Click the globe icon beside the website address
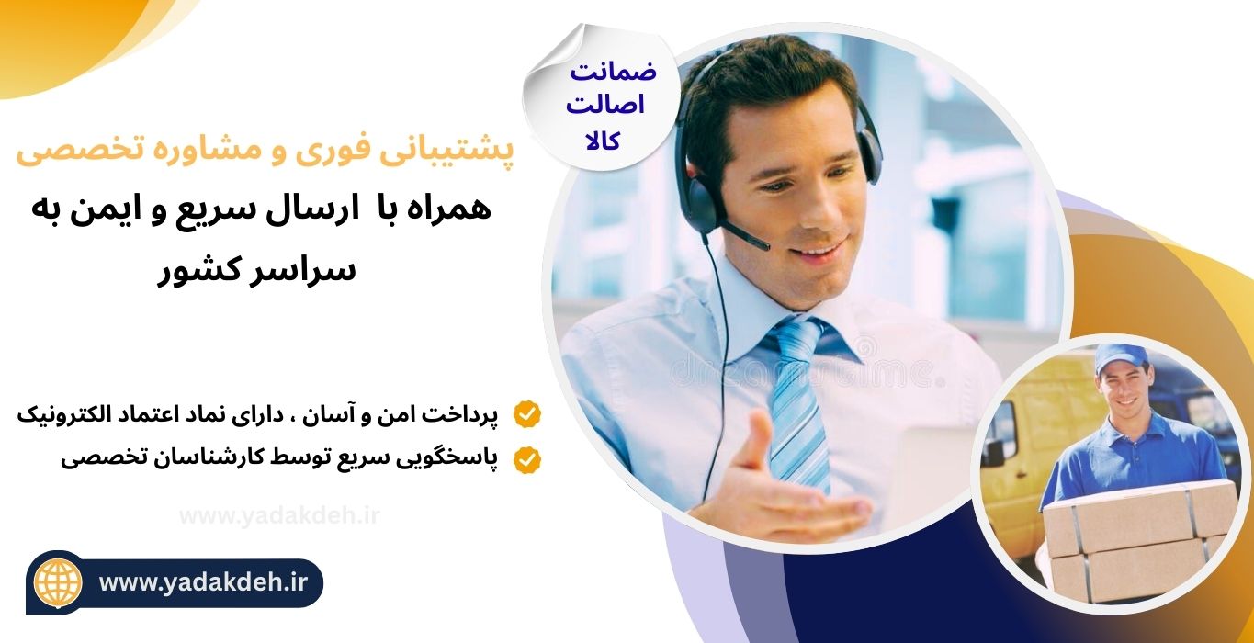pyautogui.click(x=58, y=582)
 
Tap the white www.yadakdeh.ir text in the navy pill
pyautogui.click(x=204, y=582)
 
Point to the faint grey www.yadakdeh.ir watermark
pyautogui.click(x=279, y=515)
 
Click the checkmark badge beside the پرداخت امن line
pyautogui.click(x=527, y=414)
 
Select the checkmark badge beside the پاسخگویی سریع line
pyautogui.click(x=527, y=459)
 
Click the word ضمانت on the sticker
pyautogui.click(x=613, y=73)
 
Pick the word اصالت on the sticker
pyautogui.click(x=605, y=106)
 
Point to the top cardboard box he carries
pyautogui.click(x=1140, y=519)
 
